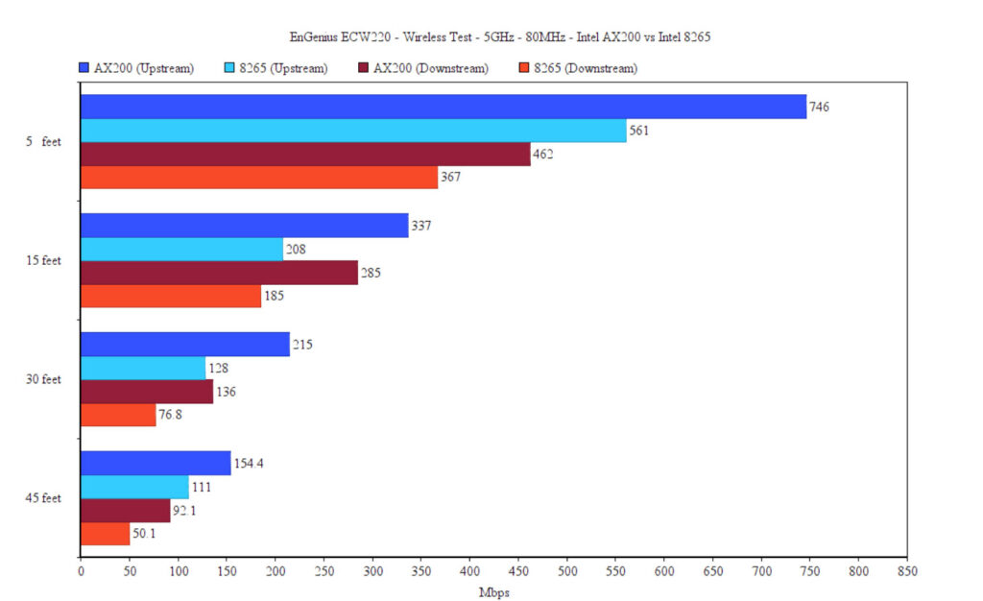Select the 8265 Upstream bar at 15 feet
pos(181,250)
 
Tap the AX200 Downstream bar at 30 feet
pos(147,392)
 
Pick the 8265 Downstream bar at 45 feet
pos(105,534)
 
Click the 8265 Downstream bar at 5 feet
pos(259,178)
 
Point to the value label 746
pos(819,107)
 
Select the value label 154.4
pos(250,464)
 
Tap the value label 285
pos(371,273)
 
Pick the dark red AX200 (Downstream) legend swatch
pos(364,68)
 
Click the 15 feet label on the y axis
pos(43,261)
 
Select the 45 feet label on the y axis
pos(43,498)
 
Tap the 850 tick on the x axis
pos(906,571)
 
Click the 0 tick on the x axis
pos(81,571)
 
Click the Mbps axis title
pos(493,592)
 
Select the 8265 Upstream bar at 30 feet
pos(143,368)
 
